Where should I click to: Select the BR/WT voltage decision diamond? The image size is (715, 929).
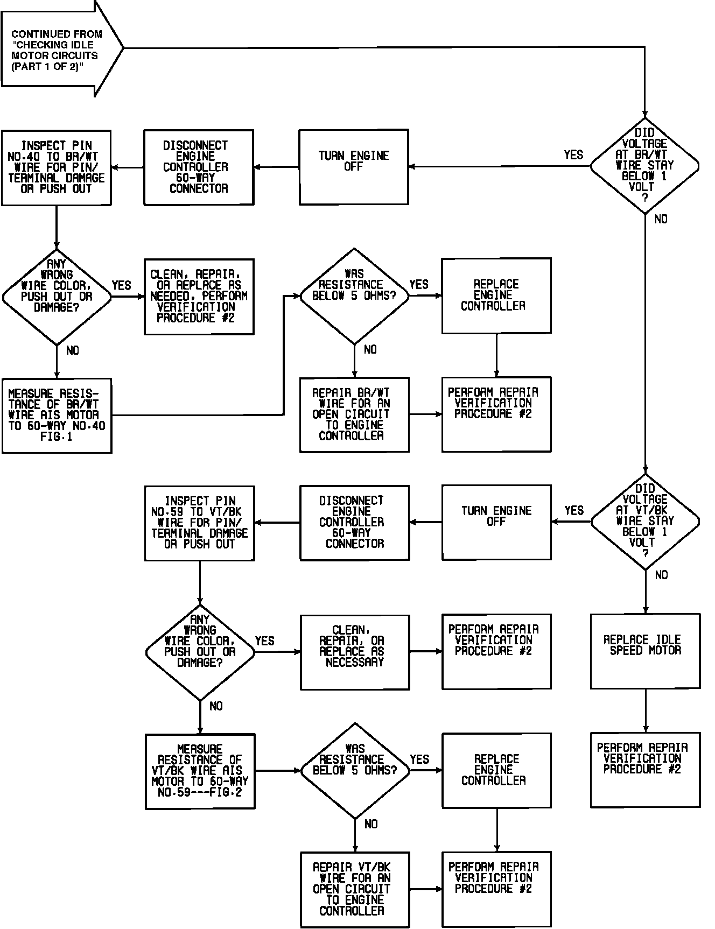[644, 166]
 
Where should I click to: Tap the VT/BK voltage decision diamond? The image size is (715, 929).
[645, 522]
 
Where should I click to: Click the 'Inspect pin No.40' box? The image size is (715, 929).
[57, 167]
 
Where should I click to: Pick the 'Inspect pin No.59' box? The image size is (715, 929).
[200, 523]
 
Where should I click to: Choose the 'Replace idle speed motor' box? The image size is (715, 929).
[645, 651]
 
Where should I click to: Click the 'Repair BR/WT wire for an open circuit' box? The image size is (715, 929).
[354, 414]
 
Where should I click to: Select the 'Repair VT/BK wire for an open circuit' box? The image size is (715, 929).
[355, 889]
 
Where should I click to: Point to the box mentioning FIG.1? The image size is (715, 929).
[57, 416]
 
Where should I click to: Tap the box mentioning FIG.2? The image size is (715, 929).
[200, 771]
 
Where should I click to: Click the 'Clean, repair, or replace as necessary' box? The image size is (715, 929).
[355, 652]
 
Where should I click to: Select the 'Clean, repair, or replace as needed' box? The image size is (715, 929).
[199, 297]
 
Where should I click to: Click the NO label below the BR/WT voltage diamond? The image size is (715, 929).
[661, 219]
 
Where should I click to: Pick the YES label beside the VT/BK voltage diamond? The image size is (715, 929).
[574, 510]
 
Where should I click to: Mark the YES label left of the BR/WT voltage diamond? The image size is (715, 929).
[573, 155]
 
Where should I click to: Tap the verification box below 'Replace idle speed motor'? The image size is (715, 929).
[645, 770]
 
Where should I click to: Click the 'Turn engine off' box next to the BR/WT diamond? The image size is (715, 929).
[354, 167]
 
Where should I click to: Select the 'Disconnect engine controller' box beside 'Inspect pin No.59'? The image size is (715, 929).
[354, 523]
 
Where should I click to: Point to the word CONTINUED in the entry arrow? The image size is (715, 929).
[39, 34]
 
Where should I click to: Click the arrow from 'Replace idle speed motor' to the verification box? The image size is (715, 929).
[645, 710]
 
